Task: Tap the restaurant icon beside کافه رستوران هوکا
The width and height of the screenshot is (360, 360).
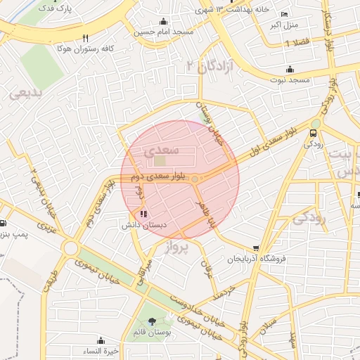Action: click(86, 38)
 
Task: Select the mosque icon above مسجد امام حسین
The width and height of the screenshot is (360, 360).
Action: click(164, 22)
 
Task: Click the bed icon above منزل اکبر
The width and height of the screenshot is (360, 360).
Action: click(284, 15)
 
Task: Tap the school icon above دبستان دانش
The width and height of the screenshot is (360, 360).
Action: click(143, 214)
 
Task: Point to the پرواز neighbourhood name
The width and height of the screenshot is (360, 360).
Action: click(177, 247)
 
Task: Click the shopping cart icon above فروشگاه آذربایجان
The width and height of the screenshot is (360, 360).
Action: click(256, 248)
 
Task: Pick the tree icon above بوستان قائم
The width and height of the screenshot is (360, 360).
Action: click(152, 321)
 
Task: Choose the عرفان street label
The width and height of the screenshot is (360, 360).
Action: click(206, 268)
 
